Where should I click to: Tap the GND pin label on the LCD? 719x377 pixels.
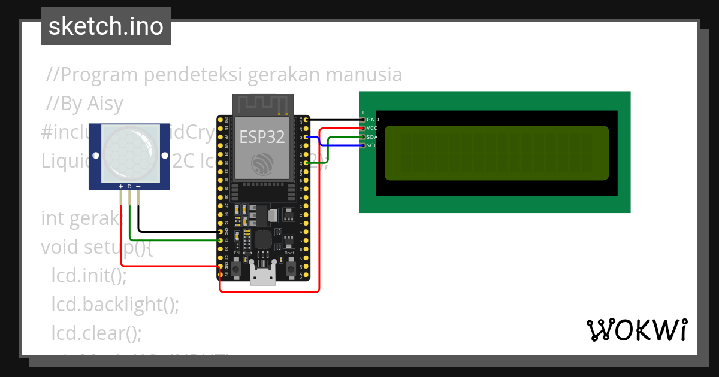coord(373,120)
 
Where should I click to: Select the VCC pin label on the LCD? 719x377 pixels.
coord(373,128)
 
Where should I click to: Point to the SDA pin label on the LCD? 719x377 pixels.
coord(373,137)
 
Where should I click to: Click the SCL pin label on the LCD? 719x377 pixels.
coord(372,145)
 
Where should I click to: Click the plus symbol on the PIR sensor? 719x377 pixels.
coord(121,187)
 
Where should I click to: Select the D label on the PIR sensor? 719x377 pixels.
coord(129,187)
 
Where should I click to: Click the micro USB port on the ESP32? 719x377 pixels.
coord(262,278)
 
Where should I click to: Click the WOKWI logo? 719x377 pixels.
coord(636,330)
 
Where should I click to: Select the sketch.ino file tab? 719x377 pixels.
coord(106,26)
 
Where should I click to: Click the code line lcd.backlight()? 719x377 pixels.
coord(115,305)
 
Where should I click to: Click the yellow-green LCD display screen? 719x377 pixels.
coord(496,153)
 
